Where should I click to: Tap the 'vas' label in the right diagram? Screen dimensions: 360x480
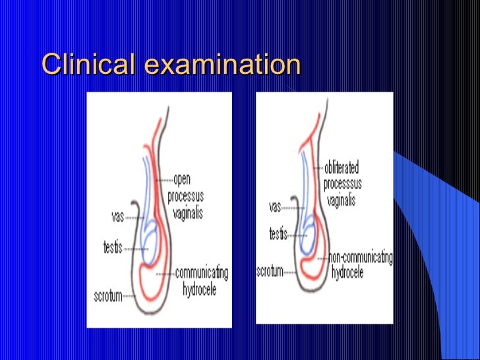(275, 206)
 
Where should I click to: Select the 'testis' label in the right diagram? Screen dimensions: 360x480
(278, 233)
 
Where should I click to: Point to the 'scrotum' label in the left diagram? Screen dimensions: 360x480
(107, 296)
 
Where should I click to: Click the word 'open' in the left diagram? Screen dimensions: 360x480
(182, 179)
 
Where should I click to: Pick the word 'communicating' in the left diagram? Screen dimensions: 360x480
(202, 272)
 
